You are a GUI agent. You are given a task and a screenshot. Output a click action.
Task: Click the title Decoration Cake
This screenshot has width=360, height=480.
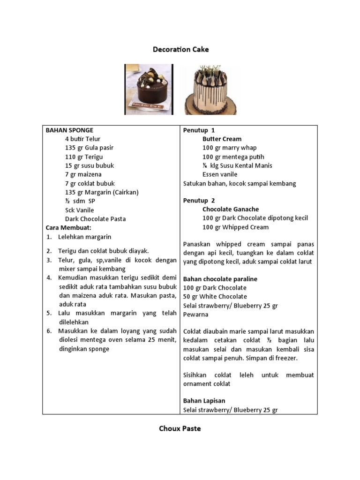(x=180, y=49)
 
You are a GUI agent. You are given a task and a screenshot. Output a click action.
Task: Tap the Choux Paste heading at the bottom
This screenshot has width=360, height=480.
(x=180, y=428)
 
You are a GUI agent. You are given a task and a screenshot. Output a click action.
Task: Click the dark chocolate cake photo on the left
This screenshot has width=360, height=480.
(x=149, y=90)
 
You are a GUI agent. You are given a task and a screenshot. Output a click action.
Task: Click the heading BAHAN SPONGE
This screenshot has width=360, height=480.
(x=69, y=130)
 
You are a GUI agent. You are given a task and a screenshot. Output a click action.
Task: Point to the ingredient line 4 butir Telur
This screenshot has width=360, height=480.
(x=82, y=139)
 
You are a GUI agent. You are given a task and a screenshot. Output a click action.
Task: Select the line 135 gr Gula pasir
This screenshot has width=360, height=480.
(x=89, y=148)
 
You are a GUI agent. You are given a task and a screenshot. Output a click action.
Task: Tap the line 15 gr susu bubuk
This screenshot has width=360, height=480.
(x=89, y=165)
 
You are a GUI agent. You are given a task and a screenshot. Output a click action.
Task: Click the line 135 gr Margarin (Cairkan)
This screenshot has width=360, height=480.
(x=102, y=192)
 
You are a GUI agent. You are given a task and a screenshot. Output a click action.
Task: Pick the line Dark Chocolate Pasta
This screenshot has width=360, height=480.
(x=95, y=219)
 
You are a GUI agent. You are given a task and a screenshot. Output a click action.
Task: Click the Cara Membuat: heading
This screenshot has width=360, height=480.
(x=68, y=227)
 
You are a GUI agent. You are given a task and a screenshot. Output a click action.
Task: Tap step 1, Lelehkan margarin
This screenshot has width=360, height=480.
(x=84, y=237)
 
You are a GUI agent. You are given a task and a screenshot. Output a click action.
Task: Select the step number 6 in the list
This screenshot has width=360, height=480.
(x=49, y=331)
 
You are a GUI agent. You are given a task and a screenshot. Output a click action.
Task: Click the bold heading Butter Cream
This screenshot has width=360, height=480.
(x=222, y=139)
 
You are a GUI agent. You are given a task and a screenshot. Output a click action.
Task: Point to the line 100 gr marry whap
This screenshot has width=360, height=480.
(x=229, y=148)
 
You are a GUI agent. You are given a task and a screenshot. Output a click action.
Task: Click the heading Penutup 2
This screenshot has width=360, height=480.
(x=199, y=201)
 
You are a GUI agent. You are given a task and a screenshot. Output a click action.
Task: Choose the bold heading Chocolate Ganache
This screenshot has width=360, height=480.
(x=230, y=210)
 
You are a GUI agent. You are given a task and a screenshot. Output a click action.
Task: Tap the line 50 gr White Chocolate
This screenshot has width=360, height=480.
(x=215, y=297)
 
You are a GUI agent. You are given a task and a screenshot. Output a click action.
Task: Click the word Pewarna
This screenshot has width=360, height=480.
(x=195, y=315)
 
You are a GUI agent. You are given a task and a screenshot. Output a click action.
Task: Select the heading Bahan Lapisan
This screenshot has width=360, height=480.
(x=204, y=401)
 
